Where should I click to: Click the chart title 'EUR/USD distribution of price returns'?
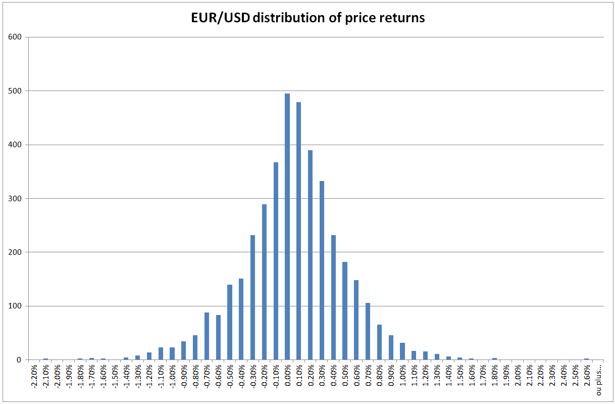click(x=307, y=18)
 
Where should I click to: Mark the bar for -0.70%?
click(x=207, y=336)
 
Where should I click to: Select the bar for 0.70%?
click(x=368, y=331)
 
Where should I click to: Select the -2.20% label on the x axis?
click(x=34, y=377)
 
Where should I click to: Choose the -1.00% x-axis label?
click(x=172, y=377)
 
